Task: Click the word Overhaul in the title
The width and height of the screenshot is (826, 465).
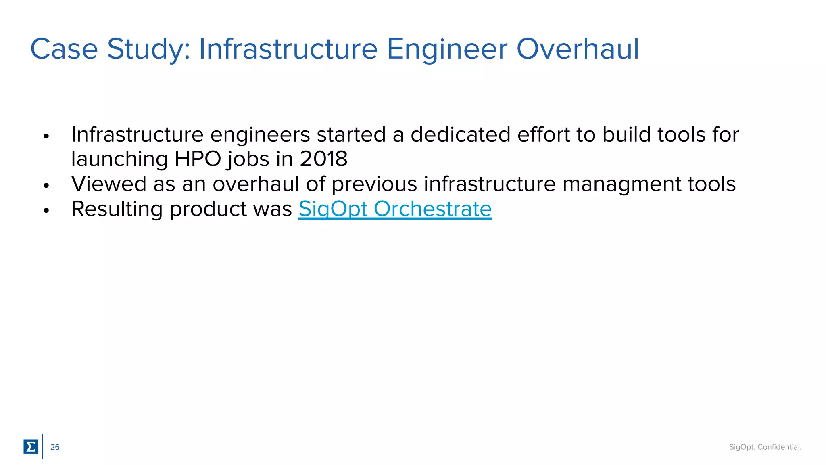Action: click(578, 49)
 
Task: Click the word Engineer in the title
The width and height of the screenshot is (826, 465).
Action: click(446, 49)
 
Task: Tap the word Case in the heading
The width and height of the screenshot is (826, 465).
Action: click(64, 49)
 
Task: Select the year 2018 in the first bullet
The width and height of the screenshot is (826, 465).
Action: click(323, 159)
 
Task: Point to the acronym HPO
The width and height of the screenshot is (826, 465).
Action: click(198, 159)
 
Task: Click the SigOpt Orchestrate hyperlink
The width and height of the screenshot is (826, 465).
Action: click(395, 209)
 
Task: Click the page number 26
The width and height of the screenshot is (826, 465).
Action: click(55, 447)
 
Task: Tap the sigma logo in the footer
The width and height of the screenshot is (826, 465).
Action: click(31, 446)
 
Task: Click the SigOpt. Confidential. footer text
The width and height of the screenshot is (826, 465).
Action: click(765, 447)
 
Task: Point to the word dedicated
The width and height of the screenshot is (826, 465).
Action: click(461, 134)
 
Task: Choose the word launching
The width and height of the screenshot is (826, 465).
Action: click(119, 159)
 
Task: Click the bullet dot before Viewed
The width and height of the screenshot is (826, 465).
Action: click(46, 186)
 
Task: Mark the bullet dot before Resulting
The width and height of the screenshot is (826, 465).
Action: click(46, 210)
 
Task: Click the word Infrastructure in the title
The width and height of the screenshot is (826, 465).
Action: click(288, 49)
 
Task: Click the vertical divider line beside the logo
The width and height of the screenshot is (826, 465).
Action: click(43, 446)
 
